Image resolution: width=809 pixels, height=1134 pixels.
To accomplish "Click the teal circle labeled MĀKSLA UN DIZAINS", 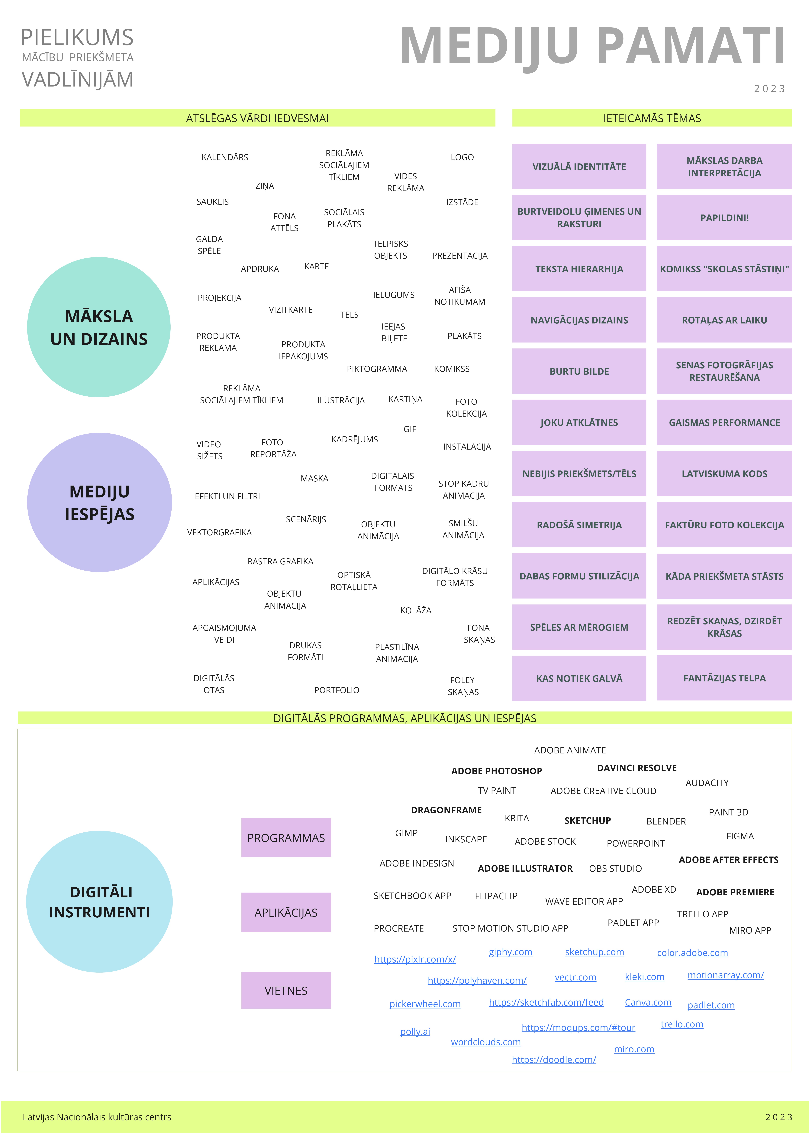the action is click(99, 327).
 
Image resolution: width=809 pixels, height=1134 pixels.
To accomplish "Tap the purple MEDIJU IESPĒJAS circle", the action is click(100, 502).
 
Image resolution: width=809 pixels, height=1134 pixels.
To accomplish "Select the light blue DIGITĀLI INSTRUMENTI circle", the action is click(99, 901).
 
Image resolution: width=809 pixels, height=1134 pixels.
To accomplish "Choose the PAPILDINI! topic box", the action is click(724, 217).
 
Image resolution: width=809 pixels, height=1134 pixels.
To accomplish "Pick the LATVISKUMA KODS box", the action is click(724, 474).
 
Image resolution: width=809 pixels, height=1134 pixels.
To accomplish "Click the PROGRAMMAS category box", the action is click(286, 837).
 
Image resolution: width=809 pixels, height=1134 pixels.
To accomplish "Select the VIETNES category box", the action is click(286, 990).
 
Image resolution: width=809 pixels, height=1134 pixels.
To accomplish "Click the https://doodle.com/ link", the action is click(554, 1060).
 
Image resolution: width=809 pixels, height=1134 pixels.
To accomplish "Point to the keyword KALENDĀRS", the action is click(225, 157).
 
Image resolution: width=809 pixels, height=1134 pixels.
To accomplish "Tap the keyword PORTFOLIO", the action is click(337, 690).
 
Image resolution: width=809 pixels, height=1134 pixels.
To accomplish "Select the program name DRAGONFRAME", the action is click(446, 810).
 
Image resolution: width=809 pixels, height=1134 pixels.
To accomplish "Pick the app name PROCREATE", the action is click(398, 928).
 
